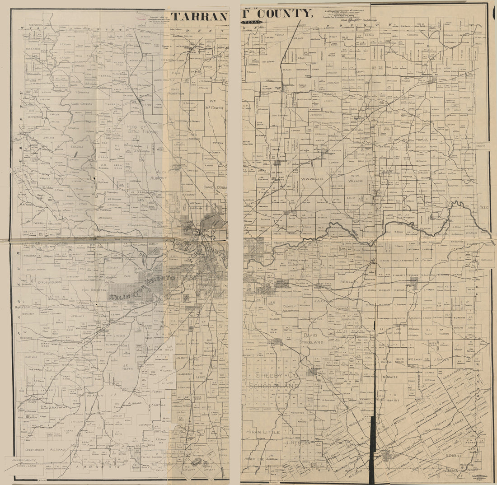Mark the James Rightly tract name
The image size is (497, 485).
(x=164, y=80)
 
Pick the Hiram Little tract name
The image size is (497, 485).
(x=263, y=432)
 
